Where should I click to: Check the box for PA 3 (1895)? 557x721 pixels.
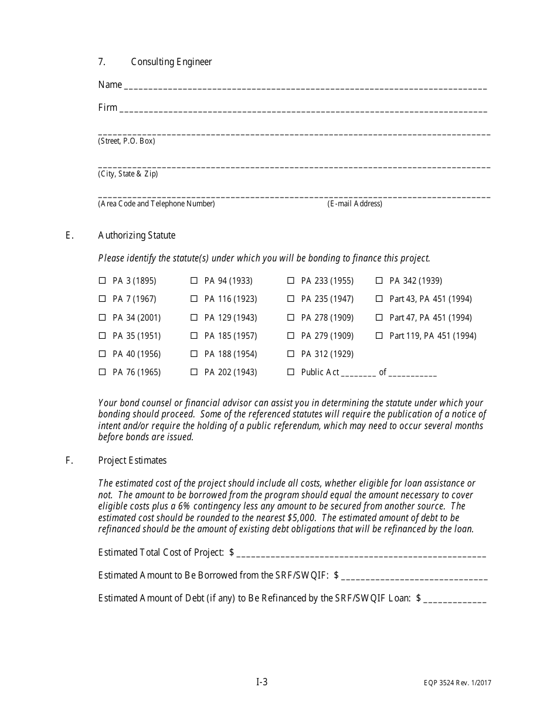tap(102, 281)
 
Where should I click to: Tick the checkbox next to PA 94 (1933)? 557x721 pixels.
tap(194, 281)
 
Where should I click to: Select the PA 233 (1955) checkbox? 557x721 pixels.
tap(291, 281)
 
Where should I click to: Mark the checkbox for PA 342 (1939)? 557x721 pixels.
tap(379, 281)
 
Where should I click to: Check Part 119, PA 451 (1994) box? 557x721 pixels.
tap(379, 336)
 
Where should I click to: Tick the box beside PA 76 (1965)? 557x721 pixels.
tap(102, 372)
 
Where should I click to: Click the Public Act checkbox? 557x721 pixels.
tap(291, 372)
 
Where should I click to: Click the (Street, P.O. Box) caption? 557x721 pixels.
tap(127, 141)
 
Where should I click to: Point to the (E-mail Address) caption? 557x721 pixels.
tap(355, 204)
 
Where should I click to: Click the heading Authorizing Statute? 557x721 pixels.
tap(137, 236)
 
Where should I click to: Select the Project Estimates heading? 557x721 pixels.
tap(133, 461)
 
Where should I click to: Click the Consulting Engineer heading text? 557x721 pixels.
tap(171, 62)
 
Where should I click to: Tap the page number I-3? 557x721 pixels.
tap(262, 682)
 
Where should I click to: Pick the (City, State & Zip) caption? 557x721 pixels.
tap(128, 174)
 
